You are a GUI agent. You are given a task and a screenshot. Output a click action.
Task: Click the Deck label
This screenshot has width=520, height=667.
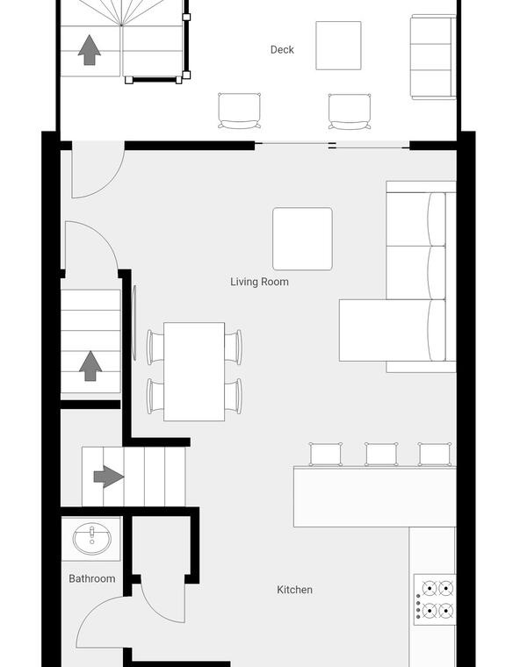coord(282,50)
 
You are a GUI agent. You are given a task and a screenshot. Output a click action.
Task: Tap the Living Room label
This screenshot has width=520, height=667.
coord(259,282)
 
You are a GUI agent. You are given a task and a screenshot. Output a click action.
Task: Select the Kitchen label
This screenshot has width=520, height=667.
coord(295,590)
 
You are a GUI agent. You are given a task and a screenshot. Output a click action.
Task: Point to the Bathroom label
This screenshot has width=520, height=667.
coord(92,578)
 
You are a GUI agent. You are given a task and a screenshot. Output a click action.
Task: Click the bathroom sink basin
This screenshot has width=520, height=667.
coord(92,539)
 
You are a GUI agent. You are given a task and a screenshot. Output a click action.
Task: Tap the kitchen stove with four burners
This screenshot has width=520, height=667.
coord(435,599)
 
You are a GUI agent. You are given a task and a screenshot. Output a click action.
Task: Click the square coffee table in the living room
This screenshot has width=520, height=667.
coord(302,239)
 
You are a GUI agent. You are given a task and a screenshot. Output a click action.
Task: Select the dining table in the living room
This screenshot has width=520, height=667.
coord(194,372)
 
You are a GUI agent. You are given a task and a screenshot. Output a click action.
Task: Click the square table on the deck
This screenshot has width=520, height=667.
coord(338,46)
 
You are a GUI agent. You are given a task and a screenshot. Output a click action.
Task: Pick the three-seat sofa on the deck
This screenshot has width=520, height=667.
coord(433,57)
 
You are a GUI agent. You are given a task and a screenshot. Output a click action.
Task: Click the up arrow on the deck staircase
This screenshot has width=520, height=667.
coord(90,50)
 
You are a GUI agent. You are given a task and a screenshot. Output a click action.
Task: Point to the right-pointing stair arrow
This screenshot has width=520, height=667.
coord(109,477)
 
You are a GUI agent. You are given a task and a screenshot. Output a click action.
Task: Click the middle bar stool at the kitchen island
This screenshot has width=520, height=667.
coord(381,455)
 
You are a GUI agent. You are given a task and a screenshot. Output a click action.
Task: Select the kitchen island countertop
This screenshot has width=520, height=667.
coord(375,497)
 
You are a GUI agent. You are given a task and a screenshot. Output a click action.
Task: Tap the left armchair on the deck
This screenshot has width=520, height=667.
coord(239,111)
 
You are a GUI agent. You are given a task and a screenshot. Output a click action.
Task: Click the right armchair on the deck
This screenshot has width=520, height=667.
coord(350,111)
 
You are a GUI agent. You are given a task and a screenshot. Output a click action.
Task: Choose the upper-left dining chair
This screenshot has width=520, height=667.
coord(155,348)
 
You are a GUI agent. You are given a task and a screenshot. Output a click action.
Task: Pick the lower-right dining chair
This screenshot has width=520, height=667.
coord(234,396)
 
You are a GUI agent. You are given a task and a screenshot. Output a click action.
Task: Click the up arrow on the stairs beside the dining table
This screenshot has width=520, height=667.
coord(90,366)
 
